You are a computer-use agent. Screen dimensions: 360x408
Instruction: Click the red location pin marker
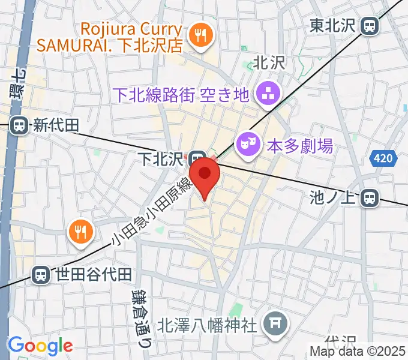click(205, 175)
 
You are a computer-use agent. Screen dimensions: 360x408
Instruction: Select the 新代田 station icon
click(19, 125)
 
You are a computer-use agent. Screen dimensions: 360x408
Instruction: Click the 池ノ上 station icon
click(371, 197)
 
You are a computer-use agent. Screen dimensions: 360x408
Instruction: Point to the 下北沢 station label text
click(160, 159)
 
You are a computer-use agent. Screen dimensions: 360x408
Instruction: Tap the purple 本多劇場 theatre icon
click(245, 143)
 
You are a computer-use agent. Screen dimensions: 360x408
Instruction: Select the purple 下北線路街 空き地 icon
click(265, 93)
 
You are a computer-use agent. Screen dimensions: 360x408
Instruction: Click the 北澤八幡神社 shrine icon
click(276, 325)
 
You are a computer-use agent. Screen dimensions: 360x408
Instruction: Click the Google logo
click(40, 345)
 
